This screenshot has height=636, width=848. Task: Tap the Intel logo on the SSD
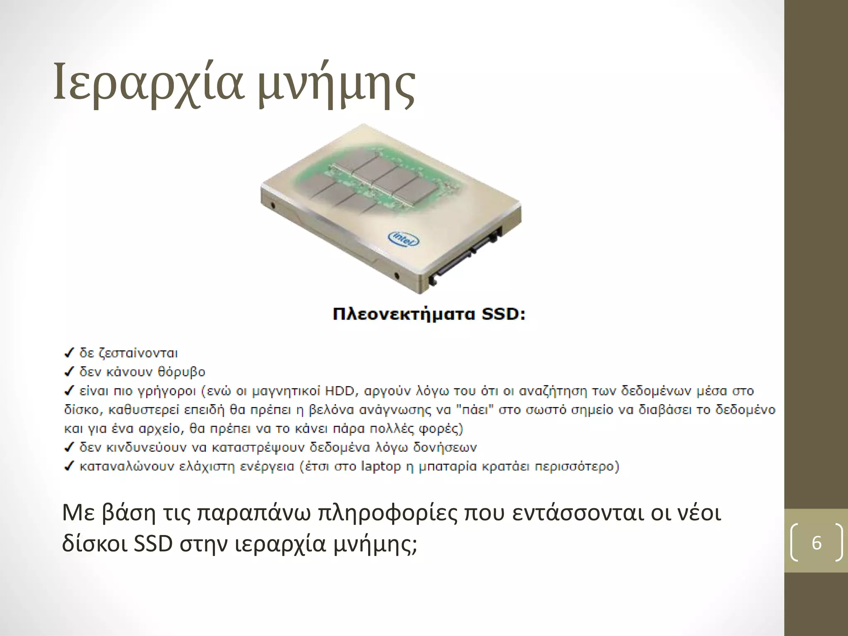(403, 238)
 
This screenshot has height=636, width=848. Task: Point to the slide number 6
(817, 543)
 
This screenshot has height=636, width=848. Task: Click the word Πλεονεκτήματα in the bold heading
(404, 314)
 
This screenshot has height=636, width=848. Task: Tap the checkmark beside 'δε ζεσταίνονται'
(69, 353)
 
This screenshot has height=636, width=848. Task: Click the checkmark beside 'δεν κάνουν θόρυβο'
(69, 372)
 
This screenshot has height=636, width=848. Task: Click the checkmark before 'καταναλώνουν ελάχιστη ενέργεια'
(69, 467)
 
